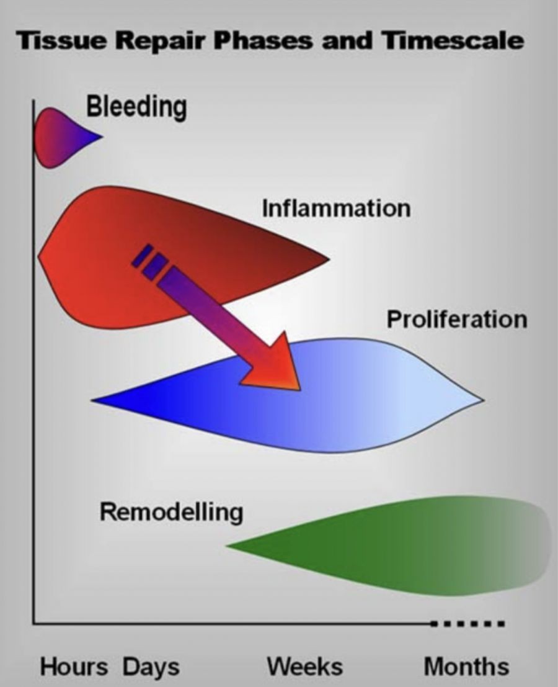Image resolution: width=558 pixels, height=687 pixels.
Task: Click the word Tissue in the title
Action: tap(56, 42)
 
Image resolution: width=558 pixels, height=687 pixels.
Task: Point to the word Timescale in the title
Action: tap(453, 42)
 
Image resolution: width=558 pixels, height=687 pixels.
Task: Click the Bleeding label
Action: tap(136, 107)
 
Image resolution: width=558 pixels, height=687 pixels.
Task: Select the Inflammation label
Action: tap(336, 207)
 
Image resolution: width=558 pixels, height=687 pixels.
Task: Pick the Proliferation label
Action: tap(457, 319)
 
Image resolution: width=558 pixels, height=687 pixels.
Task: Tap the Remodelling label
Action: tap(171, 513)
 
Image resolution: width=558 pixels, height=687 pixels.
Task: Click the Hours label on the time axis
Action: tap(74, 668)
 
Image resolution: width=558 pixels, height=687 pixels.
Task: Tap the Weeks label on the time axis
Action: tap(304, 668)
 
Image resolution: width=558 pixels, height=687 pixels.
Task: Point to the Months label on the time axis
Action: tap(466, 668)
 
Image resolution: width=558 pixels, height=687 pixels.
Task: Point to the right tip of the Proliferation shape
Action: tap(482, 400)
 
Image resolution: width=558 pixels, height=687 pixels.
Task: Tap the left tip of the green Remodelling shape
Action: tap(228, 546)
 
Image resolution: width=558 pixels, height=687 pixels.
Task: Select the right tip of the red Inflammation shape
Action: tap(327, 259)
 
